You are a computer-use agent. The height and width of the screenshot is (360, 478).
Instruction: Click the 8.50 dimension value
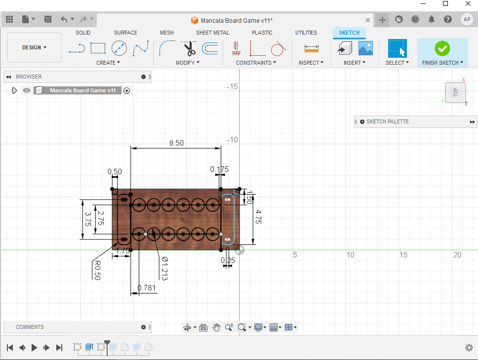(176, 143)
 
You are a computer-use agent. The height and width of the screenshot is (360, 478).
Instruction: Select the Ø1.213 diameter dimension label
(164, 269)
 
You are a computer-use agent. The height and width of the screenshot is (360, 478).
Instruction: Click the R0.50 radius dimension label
(97, 270)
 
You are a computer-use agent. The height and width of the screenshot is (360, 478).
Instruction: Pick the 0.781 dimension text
(147, 288)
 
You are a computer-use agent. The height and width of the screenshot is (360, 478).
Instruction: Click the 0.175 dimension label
(219, 169)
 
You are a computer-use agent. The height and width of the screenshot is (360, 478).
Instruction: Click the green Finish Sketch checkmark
(442, 48)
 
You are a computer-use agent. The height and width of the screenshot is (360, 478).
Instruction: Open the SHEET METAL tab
(212, 33)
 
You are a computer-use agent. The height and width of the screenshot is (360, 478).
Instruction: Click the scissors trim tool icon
(189, 48)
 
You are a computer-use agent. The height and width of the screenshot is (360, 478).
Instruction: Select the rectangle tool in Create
(98, 48)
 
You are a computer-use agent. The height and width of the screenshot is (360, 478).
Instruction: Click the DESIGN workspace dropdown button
(34, 47)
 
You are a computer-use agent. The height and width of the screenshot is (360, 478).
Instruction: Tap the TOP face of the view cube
(455, 92)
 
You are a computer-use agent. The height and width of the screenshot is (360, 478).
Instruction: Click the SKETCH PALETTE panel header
(388, 121)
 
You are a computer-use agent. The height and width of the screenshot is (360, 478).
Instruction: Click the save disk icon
(48, 19)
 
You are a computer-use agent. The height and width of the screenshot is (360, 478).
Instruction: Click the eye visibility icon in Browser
(27, 90)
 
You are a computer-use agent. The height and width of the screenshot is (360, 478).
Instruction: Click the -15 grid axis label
(232, 86)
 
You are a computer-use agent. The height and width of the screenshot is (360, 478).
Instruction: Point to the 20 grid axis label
(457, 255)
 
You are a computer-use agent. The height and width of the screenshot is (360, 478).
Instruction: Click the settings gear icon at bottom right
(469, 348)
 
